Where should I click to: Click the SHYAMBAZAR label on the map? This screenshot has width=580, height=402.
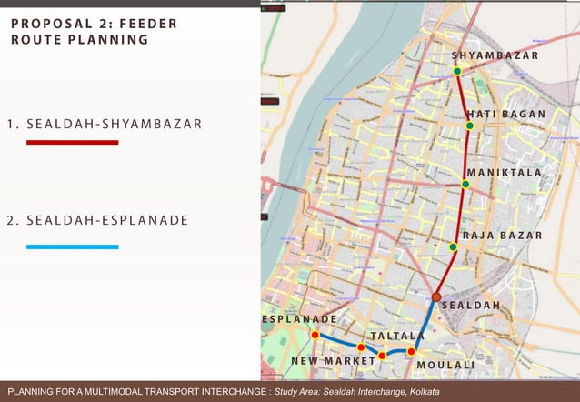pos(495,56)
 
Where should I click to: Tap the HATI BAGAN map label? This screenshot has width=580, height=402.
pos(506,115)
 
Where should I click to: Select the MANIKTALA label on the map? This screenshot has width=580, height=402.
pos(505,173)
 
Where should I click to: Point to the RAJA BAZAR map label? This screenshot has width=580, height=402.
pos(502,236)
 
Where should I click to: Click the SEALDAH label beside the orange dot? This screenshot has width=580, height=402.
pos(471,306)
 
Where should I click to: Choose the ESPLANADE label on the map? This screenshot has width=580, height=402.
pos(300,320)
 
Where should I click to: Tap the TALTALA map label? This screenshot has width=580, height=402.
pos(398,337)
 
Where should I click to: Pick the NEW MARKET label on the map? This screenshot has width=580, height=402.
pos(333,361)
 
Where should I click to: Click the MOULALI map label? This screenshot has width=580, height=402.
pos(445,366)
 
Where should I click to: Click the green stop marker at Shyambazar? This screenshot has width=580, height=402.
pos(457,71)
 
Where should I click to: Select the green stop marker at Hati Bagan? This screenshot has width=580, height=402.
pos(470,126)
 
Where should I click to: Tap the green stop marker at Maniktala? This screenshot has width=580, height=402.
pos(465,185)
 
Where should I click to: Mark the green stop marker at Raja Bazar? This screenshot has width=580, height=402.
pos(453,246)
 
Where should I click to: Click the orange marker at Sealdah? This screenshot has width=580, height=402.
pos(436,296)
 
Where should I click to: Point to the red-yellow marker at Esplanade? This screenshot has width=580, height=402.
pos(315,335)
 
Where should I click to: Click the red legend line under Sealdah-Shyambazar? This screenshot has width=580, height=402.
pos(72,143)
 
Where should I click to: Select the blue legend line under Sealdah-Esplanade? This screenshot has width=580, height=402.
pos(72,246)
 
